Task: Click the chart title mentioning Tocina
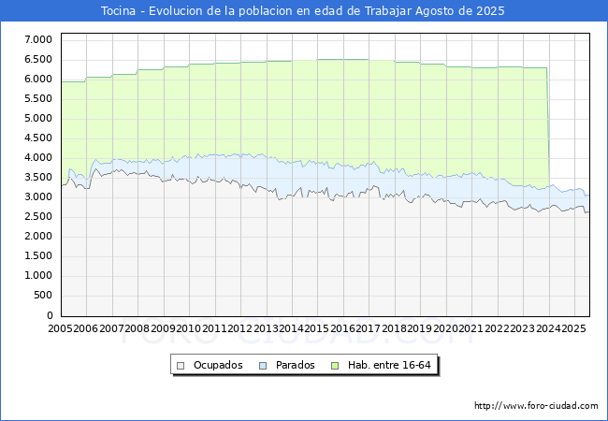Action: click(303, 11)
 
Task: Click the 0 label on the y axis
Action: click(50, 315)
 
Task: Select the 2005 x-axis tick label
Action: click(61, 328)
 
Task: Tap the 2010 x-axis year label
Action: click(189, 328)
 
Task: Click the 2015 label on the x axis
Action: click(318, 328)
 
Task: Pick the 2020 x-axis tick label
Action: click(445, 328)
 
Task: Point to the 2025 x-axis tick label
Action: click(573, 328)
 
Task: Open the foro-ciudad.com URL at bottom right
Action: click(536, 406)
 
